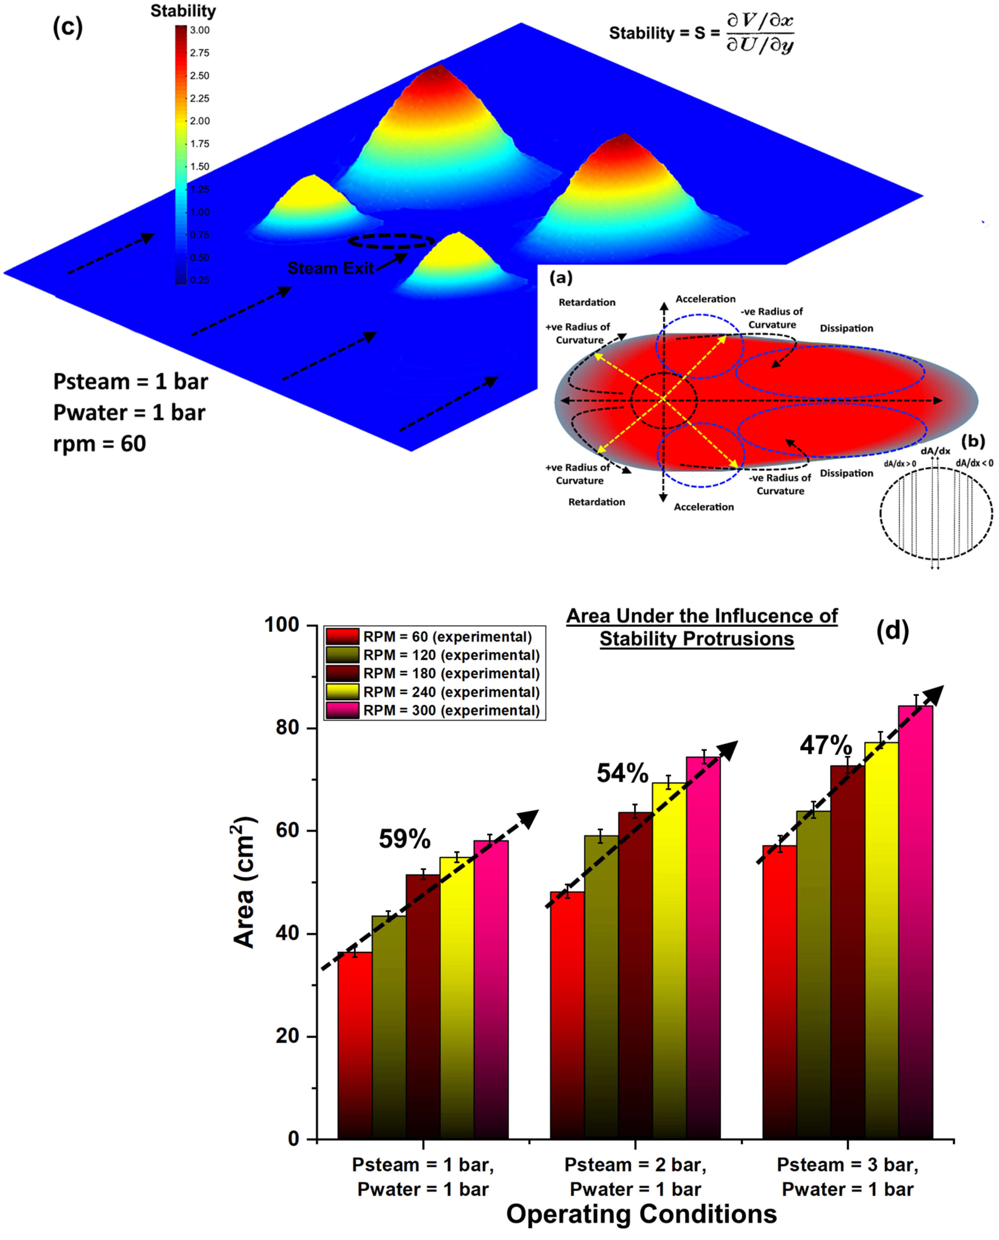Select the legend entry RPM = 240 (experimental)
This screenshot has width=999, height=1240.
pos(451,692)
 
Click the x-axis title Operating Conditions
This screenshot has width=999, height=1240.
pos(641,1214)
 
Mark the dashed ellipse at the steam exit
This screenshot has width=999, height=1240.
pos(391,241)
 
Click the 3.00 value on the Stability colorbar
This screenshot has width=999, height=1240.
pos(200,31)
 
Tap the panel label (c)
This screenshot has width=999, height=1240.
pos(68,27)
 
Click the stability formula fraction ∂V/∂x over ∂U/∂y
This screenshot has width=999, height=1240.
pos(760,33)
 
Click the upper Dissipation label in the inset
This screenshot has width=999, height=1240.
pos(846,328)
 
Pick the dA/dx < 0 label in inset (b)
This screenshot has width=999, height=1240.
pos(974,463)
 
